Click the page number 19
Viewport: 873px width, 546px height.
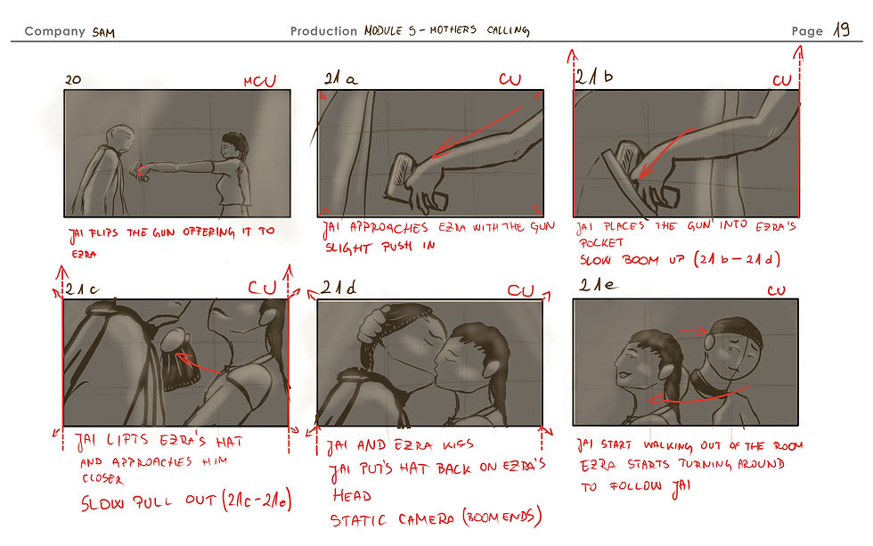tap(841, 29)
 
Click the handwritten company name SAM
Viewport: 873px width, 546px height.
tap(103, 32)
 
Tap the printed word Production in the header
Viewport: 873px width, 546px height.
tap(323, 31)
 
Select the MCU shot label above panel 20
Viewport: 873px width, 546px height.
tap(259, 81)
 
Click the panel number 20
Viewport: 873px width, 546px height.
tap(73, 79)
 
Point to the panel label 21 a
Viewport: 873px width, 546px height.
tap(340, 77)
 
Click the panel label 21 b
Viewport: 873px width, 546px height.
tap(594, 77)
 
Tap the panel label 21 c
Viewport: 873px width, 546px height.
tap(82, 289)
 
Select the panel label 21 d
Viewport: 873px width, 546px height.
tap(338, 288)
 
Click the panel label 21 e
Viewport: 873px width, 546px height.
tap(599, 286)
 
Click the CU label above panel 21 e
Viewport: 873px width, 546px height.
tap(776, 290)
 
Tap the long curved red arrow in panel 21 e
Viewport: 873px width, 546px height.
tap(698, 397)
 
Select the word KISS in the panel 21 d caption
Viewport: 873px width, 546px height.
tap(458, 444)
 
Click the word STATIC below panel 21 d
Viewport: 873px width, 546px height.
tap(358, 520)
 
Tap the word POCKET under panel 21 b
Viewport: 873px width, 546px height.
tap(601, 242)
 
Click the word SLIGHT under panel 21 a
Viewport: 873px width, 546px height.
tap(348, 248)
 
